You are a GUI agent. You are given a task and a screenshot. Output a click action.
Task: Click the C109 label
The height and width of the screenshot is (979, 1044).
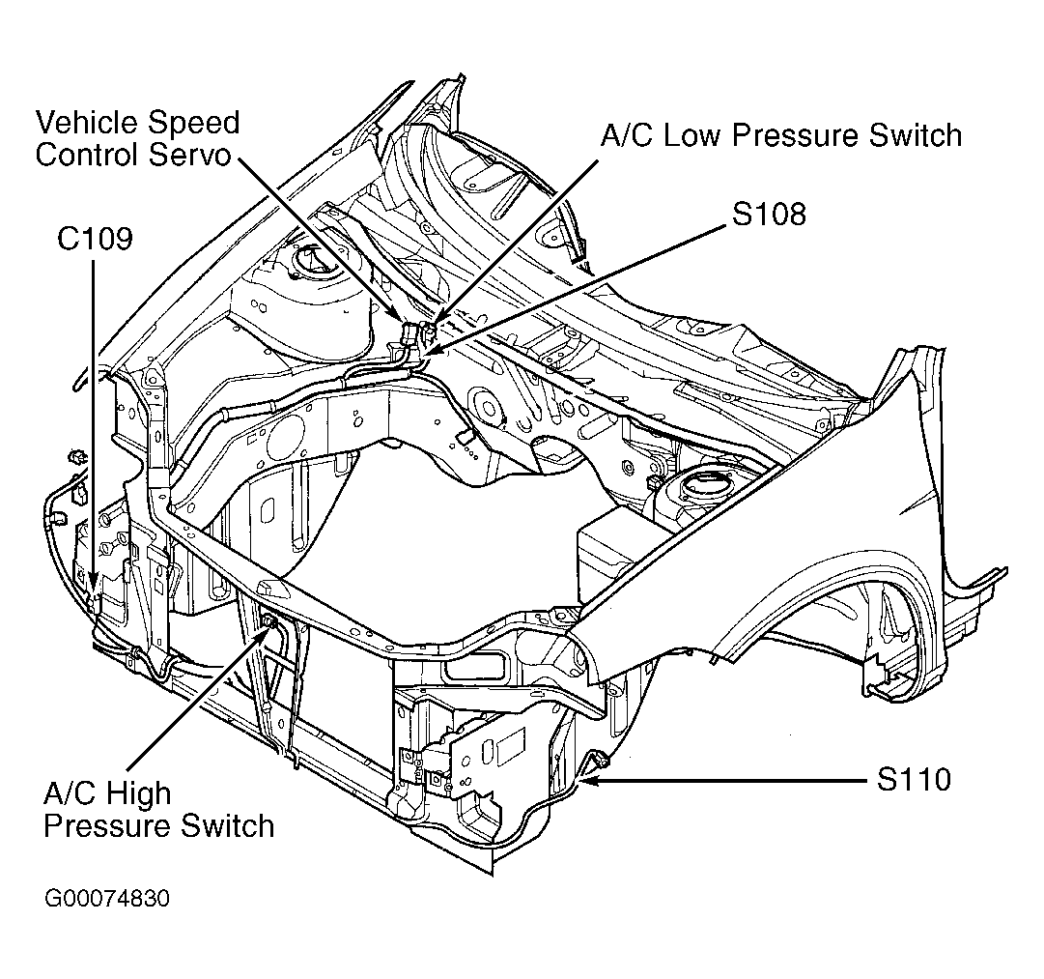(x=95, y=239)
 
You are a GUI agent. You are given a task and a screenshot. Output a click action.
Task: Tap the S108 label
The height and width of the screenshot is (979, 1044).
(x=769, y=214)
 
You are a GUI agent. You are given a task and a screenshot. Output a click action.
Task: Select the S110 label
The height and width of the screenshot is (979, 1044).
(x=914, y=778)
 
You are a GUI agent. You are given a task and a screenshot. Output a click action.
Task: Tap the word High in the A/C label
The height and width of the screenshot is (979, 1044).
(x=135, y=794)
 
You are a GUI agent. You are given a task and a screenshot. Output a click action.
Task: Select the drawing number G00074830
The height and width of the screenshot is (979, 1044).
(x=107, y=899)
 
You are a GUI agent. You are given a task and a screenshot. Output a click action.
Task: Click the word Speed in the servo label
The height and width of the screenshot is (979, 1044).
(x=191, y=123)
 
